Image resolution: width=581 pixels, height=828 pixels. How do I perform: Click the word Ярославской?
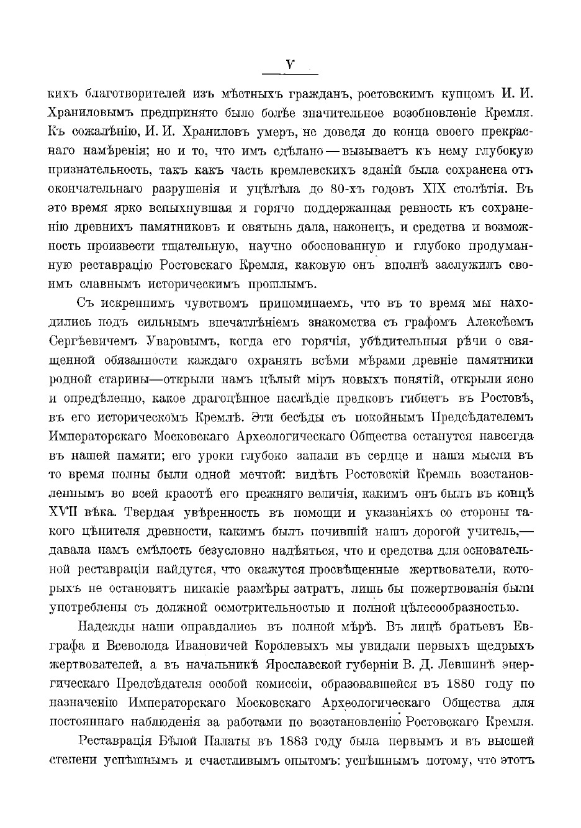coord(299,665)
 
